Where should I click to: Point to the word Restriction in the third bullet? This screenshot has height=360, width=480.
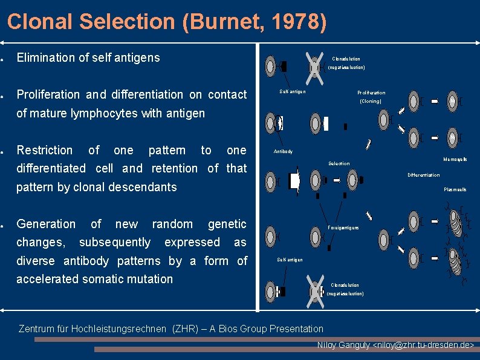tap(45, 150)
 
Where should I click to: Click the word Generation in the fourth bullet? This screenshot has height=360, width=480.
tap(46, 224)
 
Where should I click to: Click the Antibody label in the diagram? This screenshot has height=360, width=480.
tap(283, 151)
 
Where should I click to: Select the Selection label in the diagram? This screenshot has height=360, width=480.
tap(339, 163)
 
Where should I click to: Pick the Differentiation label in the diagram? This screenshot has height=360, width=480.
tap(423, 175)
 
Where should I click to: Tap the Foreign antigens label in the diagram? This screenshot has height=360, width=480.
tap(343, 227)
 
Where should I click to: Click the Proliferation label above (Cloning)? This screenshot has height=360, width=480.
tap(371, 93)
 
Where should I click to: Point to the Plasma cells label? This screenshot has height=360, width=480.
tap(455, 189)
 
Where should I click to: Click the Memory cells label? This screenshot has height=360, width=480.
tap(455, 159)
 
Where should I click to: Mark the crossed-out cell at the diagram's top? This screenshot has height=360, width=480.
tap(314, 65)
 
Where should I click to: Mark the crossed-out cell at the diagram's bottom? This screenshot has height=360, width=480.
tap(314, 290)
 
